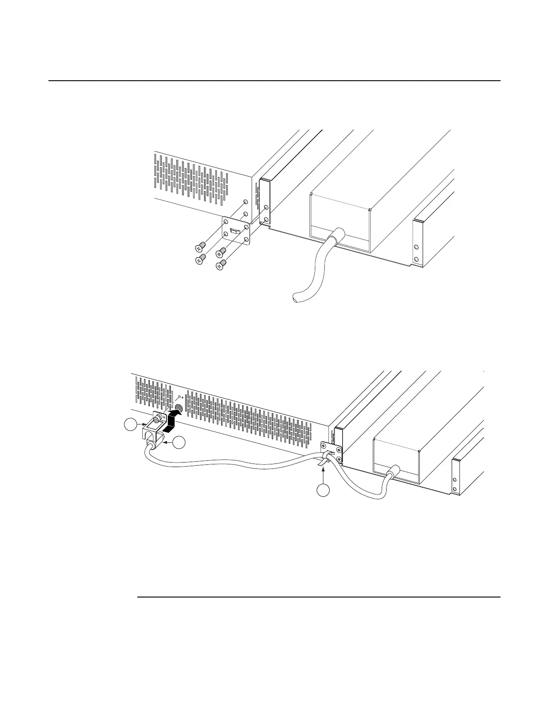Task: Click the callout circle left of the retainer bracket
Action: (x=130, y=425)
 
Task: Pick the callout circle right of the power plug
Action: (x=179, y=442)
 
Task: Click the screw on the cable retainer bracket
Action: (x=158, y=420)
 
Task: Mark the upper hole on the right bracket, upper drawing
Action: (x=416, y=247)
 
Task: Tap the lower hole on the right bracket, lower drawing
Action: (x=455, y=489)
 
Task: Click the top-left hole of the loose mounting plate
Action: (x=226, y=222)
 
